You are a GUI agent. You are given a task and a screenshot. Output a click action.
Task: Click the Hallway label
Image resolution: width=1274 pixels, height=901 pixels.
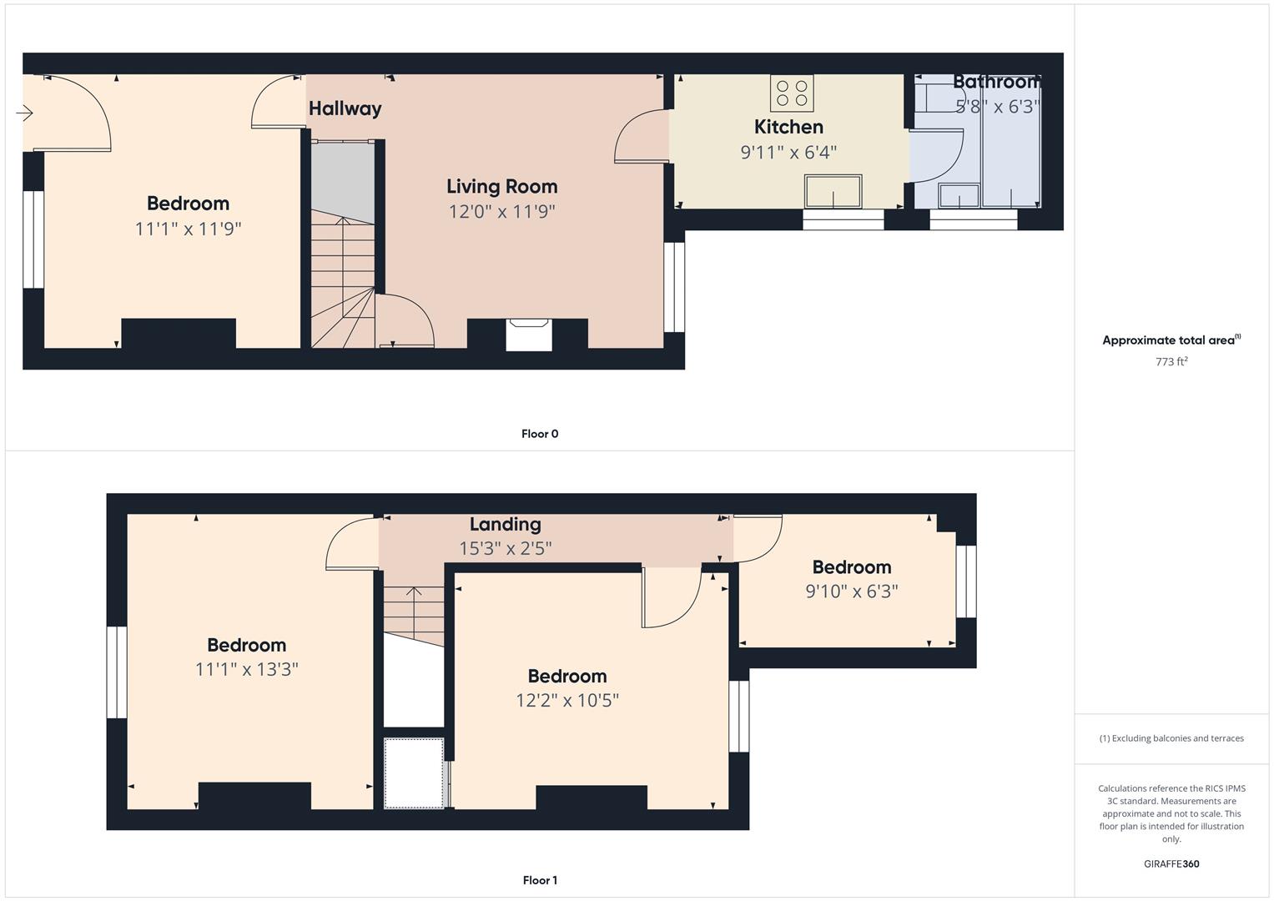[x=345, y=108]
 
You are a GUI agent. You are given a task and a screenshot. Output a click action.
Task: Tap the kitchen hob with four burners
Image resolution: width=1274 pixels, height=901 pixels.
[x=792, y=93]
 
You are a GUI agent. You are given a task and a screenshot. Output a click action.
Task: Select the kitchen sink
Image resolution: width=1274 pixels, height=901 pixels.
[x=833, y=191]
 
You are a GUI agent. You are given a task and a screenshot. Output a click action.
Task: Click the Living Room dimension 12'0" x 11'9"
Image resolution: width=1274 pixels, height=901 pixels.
[x=501, y=212]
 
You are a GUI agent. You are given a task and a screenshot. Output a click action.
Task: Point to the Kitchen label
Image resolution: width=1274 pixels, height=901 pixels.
[x=788, y=126]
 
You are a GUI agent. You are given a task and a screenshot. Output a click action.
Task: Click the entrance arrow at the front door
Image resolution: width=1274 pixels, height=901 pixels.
[x=24, y=113]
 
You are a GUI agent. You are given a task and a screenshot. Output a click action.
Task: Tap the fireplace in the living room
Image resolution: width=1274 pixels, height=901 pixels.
[x=529, y=335]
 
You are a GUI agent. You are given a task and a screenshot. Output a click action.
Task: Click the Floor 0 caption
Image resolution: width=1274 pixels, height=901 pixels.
[x=540, y=434]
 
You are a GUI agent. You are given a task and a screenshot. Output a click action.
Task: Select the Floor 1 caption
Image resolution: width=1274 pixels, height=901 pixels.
[x=540, y=880]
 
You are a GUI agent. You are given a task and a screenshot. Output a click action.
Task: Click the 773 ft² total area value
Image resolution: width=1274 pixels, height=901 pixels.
[x=1171, y=361]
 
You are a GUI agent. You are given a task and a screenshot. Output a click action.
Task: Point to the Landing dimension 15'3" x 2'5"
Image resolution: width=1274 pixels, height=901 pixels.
[x=505, y=548]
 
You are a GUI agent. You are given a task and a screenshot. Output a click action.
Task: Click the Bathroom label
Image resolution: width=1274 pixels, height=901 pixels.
[x=997, y=82]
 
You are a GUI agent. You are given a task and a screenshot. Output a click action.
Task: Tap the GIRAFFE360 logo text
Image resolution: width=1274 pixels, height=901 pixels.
[x=1171, y=863]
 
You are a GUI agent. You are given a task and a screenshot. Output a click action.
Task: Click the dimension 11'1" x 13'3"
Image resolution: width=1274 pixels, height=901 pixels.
[x=246, y=669]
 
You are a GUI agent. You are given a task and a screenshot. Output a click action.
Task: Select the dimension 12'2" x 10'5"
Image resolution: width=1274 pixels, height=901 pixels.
[x=567, y=700]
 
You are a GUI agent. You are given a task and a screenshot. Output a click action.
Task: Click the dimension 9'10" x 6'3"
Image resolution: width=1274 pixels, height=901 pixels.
[x=851, y=591]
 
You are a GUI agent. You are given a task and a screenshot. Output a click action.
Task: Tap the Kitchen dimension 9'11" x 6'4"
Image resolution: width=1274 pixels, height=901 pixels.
[x=788, y=152]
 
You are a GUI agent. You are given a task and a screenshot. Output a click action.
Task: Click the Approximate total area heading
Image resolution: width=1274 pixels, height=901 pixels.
[x=1171, y=340]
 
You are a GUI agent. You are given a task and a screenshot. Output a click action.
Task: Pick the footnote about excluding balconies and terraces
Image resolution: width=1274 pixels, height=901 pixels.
[x=1171, y=738]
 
